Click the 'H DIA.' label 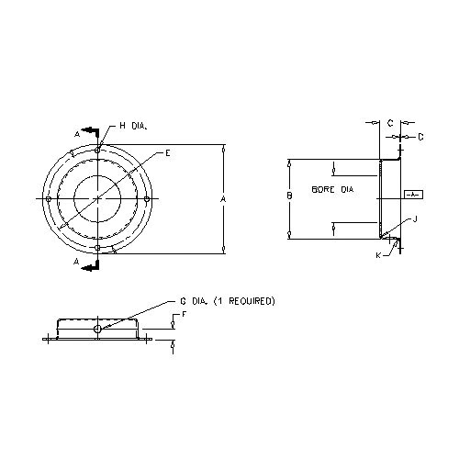133,126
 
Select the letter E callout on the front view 167,152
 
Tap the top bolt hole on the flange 97,150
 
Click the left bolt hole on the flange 48,199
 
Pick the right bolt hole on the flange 147,199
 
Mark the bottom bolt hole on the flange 97,248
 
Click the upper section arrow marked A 88,132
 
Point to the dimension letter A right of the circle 224,198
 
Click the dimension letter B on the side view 289,196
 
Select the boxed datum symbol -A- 413,195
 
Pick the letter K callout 377,254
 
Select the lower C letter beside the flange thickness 420,137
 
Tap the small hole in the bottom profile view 98,328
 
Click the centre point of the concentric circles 97,199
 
